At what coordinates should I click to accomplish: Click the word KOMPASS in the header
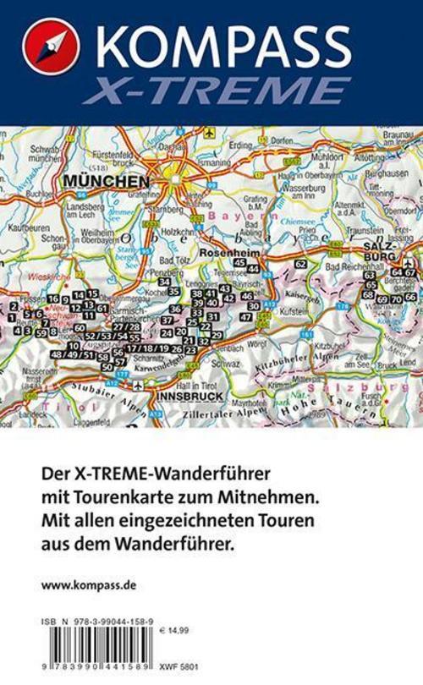224,41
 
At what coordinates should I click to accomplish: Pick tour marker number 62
299,264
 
